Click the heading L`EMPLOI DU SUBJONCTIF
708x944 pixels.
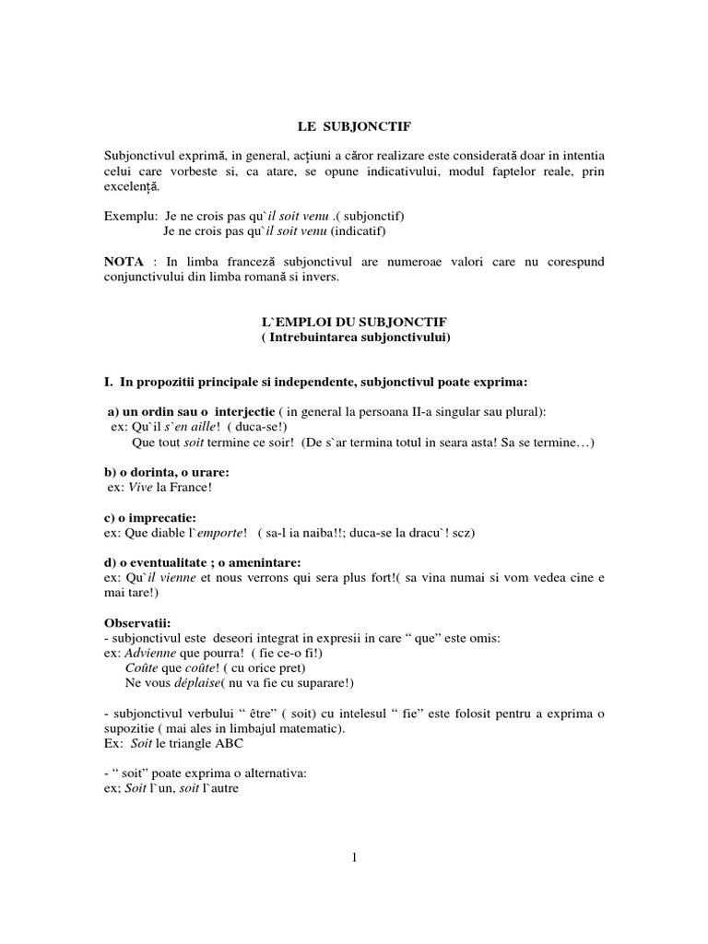354,323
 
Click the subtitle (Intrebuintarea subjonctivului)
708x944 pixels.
354,337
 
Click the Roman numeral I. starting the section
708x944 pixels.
108,383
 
